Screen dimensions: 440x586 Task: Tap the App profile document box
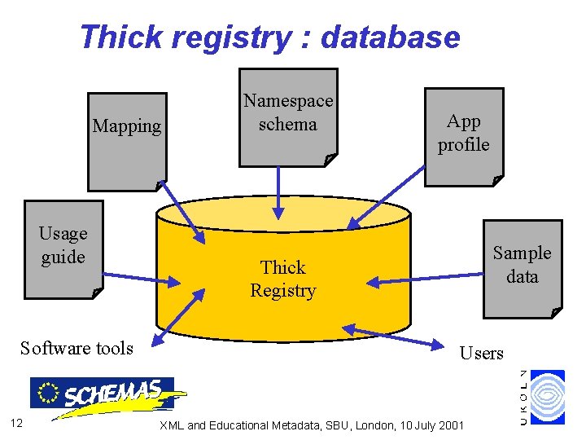[x=463, y=134]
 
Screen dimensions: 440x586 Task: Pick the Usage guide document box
[x=63, y=249]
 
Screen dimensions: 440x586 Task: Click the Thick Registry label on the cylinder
[x=282, y=279]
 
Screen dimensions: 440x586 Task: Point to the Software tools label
[x=77, y=349]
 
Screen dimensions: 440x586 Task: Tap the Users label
[x=482, y=353]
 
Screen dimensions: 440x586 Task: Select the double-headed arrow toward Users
[x=399, y=337]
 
